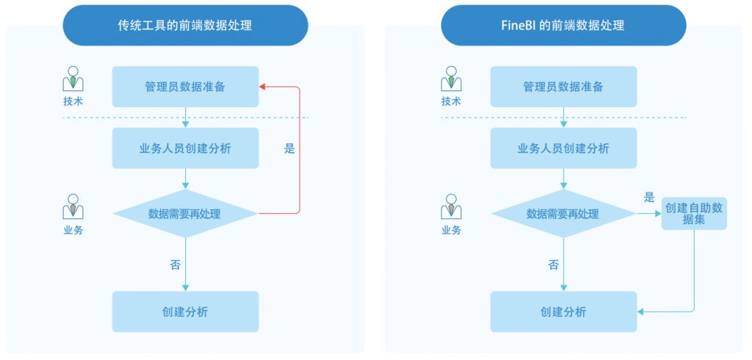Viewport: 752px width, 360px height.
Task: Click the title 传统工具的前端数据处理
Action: [185, 26]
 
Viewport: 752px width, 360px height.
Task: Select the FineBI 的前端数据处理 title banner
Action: [563, 26]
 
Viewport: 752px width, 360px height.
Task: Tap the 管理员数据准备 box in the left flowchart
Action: [185, 87]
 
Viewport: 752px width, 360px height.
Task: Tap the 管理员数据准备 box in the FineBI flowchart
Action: [563, 87]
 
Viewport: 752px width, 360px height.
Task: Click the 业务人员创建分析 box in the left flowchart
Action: [185, 148]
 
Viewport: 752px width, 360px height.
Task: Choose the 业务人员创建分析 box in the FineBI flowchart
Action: [563, 148]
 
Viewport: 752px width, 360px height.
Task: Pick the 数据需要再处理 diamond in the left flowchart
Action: [185, 214]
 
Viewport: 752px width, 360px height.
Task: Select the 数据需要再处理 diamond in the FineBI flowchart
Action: [563, 214]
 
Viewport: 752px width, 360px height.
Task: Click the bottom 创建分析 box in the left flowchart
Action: [185, 312]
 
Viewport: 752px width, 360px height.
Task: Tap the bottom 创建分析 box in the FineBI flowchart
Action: [563, 312]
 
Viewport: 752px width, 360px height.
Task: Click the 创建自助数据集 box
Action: [694, 213]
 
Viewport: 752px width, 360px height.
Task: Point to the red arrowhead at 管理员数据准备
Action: [263, 87]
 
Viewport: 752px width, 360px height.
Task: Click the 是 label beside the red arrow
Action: [289, 148]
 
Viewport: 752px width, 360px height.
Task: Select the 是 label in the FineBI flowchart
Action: [649, 197]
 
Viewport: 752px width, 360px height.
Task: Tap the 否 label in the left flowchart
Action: [175, 264]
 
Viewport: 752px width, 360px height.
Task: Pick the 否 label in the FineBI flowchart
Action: [553, 264]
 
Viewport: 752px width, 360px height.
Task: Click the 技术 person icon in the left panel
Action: [73, 79]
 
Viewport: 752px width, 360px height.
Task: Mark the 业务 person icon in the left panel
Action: [73, 207]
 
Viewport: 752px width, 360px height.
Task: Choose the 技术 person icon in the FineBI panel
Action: [451, 79]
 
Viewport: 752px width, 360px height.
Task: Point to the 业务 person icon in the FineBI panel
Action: [451, 207]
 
